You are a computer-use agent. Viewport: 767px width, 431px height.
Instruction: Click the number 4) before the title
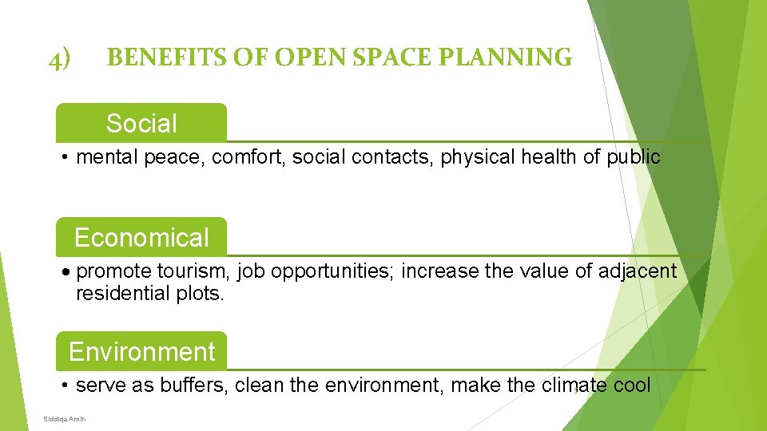(x=59, y=58)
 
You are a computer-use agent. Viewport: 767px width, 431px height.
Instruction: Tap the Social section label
(x=141, y=123)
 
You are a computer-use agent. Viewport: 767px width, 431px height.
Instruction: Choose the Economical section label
(x=141, y=237)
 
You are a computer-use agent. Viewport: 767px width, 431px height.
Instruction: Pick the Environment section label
(x=141, y=351)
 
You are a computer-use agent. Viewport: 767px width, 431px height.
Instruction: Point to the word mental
(x=107, y=157)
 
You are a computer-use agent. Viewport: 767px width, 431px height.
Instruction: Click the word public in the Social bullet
(x=633, y=157)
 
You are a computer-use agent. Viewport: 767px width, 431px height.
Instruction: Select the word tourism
(x=193, y=271)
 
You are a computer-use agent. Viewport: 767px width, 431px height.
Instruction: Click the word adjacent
(x=639, y=272)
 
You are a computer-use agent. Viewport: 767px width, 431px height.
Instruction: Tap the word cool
(x=632, y=386)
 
